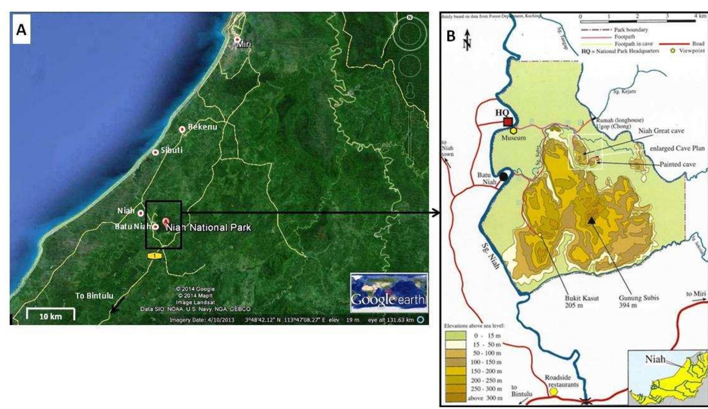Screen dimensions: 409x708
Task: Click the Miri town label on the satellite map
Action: pos(243,44)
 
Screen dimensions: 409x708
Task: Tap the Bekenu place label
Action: pos(203,127)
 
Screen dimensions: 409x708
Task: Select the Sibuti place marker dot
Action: pos(155,152)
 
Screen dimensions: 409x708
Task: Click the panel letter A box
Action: pos(21,31)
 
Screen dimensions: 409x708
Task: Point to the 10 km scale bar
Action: pos(50,315)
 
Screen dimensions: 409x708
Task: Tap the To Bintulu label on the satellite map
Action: pos(94,296)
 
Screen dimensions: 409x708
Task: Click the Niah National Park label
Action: pos(208,228)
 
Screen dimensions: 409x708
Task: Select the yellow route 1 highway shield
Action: pos(154,256)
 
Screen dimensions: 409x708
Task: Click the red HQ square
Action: pos(508,122)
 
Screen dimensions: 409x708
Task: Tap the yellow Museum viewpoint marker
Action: pos(513,131)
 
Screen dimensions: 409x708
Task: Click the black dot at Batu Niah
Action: pos(503,176)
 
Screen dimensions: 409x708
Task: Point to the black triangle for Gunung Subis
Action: pos(592,221)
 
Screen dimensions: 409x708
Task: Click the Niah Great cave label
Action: pos(661,131)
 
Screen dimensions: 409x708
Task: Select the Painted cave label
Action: pos(677,164)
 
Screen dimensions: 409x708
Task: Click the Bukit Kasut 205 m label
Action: pos(582,301)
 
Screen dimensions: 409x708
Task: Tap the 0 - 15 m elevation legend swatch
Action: pos(455,335)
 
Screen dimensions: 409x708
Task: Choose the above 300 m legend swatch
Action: pos(455,398)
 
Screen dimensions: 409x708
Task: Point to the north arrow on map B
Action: pos(467,40)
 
